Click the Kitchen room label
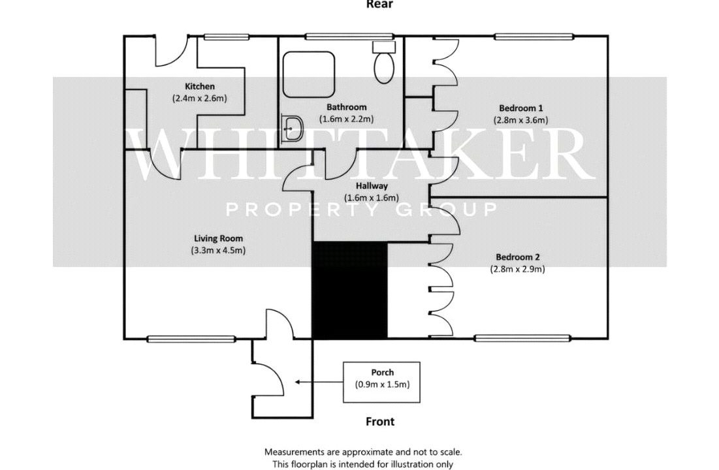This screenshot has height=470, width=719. (199, 86)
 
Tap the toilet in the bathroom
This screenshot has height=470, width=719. (384, 63)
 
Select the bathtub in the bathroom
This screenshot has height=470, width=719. (309, 74)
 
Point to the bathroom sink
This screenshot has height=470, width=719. (291, 128)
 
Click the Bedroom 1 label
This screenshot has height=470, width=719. (521, 108)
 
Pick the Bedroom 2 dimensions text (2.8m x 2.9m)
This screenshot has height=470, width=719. (518, 269)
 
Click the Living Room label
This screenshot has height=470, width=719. (218, 238)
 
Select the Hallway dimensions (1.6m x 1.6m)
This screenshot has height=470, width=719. (372, 198)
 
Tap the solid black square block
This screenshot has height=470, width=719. (350, 290)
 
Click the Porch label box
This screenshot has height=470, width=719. (381, 383)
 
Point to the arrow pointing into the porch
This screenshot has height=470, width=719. (319, 381)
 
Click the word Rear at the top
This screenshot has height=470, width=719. (379, 5)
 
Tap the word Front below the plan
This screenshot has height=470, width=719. (380, 422)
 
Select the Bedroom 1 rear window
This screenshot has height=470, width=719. (534, 36)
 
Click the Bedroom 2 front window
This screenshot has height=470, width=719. (522, 338)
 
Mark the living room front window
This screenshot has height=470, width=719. (191, 339)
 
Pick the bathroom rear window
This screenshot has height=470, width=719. (350, 36)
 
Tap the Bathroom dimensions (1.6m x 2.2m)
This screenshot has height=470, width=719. (346, 119)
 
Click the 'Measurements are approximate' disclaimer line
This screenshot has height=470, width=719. (363, 452)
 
